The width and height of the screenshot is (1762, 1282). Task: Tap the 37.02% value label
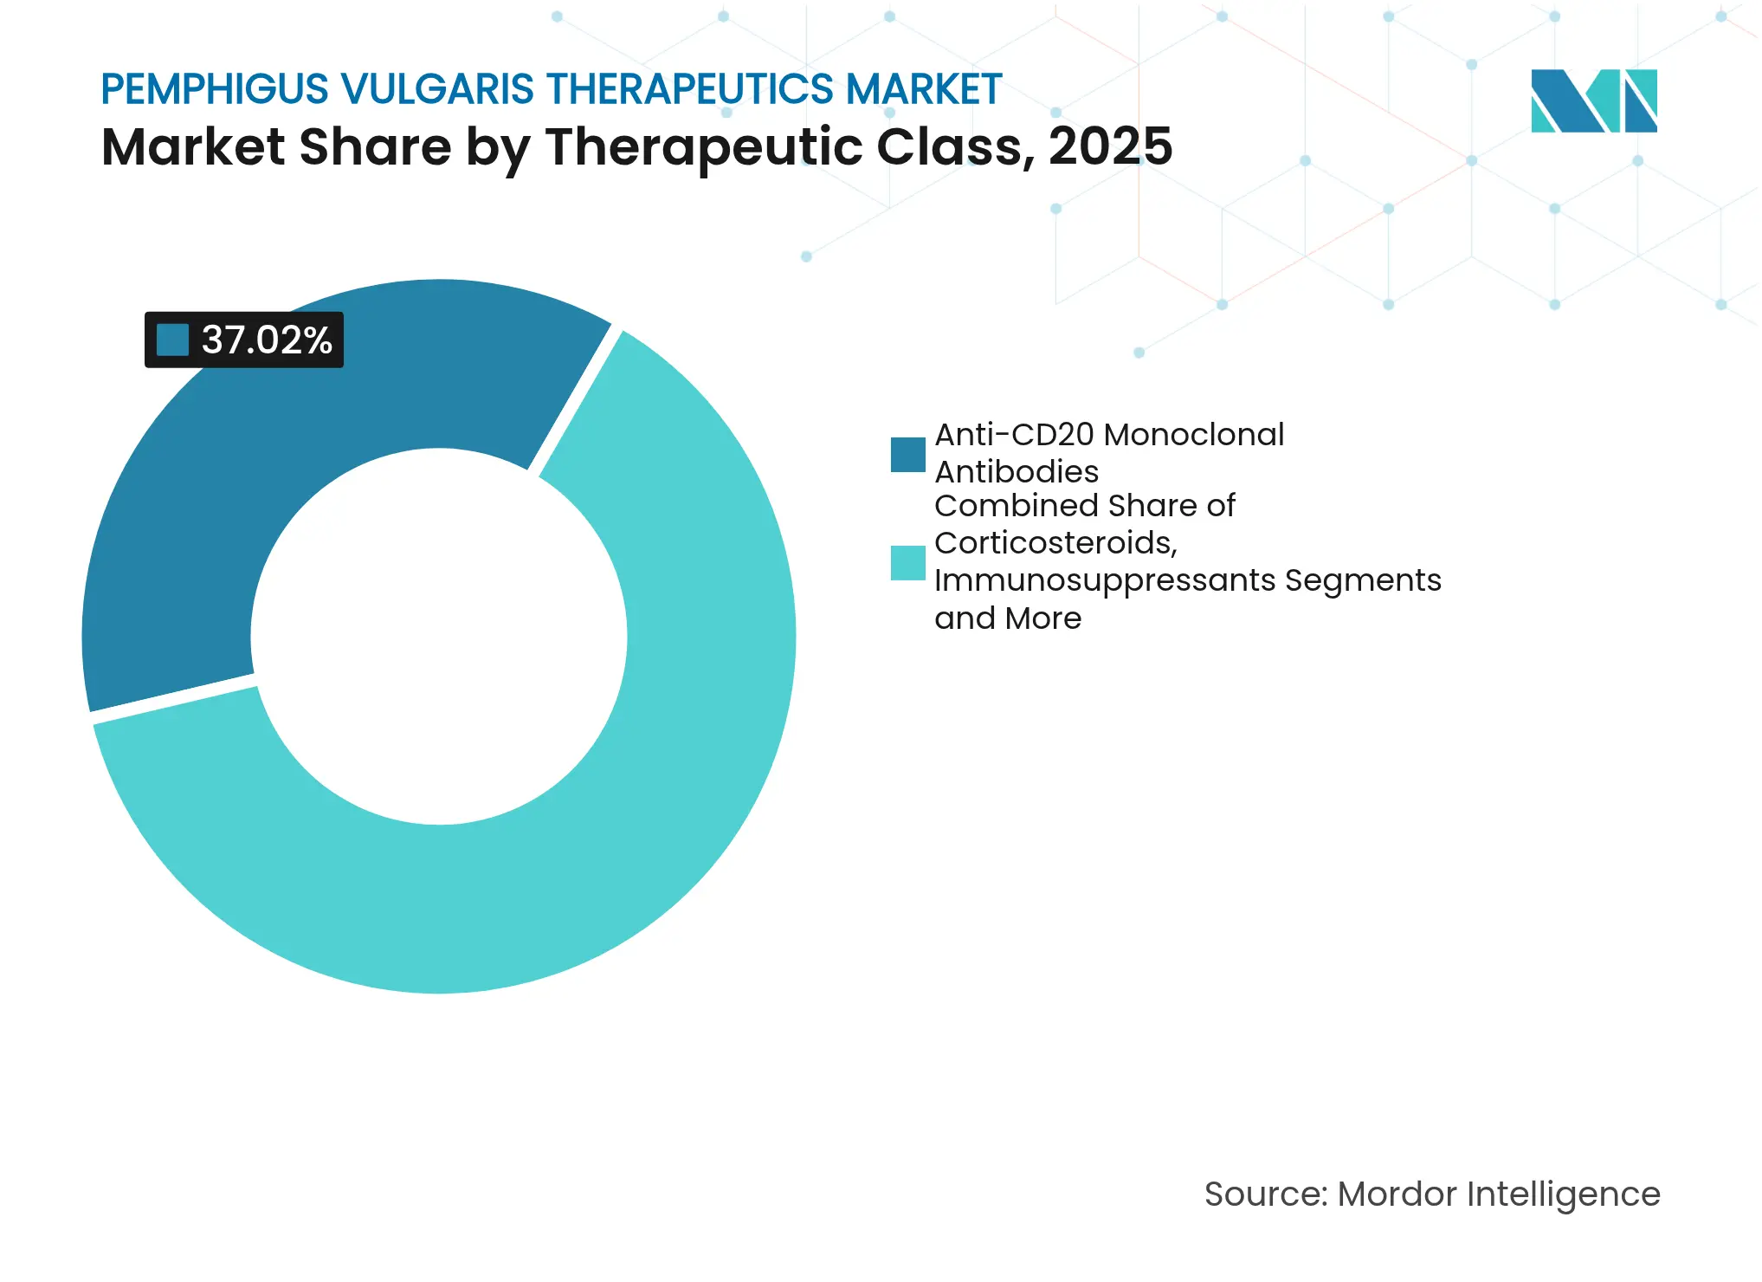[267, 340]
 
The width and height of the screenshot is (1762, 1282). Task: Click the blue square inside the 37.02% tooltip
[172, 340]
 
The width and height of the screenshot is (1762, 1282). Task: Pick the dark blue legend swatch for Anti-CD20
[907, 454]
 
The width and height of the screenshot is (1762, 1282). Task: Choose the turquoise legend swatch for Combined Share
[907, 562]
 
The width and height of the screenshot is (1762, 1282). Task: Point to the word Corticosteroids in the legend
[1055, 543]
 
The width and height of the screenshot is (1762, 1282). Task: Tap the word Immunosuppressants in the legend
[1104, 580]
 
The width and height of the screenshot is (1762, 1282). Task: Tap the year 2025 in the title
[1110, 146]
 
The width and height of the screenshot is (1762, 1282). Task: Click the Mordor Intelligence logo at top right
[1593, 100]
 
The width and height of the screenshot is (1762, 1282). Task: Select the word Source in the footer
[1264, 1195]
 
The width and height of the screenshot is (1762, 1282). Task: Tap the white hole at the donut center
[439, 637]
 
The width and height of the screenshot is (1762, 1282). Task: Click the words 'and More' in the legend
[1007, 618]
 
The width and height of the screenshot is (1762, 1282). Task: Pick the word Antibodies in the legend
[1016, 472]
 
